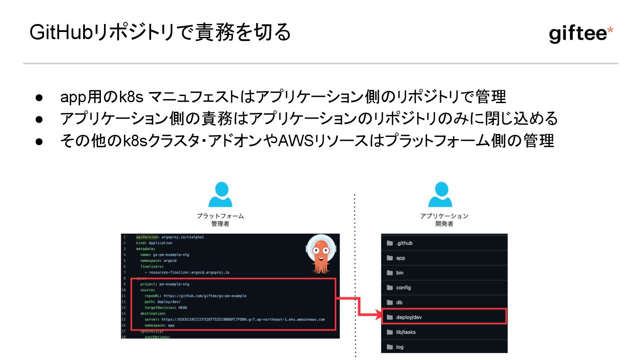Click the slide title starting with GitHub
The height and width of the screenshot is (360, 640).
point(160,33)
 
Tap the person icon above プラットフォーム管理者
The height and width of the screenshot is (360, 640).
point(220,195)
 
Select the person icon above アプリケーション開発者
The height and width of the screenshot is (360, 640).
point(440,195)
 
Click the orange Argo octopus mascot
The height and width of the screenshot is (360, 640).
point(320,256)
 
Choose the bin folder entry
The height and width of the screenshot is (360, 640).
point(400,272)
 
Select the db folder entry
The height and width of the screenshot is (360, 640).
point(399,302)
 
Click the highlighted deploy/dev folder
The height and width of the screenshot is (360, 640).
point(409,317)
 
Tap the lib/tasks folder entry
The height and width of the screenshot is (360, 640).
point(405,332)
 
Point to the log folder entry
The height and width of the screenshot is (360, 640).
point(400,347)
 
